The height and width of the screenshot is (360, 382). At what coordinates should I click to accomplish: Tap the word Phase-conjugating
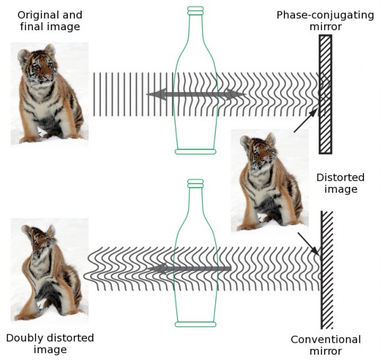click(x=325, y=15)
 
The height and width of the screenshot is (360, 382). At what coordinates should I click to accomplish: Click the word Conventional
click(x=326, y=340)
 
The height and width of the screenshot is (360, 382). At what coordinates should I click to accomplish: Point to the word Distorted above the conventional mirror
click(x=341, y=178)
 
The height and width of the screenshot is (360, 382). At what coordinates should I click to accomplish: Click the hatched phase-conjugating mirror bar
click(x=325, y=94)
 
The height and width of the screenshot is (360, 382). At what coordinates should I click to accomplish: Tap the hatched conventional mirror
click(x=327, y=270)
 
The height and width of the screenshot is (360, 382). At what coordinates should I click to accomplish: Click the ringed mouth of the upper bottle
click(x=196, y=11)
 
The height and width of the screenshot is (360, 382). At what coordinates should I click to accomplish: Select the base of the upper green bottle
click(x=196, y=151)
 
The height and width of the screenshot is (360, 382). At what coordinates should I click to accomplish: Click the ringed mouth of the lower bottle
click(x=196, y=184)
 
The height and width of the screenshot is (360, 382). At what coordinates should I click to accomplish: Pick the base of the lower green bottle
click(x=196, y=324)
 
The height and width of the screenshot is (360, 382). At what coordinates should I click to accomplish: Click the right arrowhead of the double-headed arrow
click(x=236, y=94)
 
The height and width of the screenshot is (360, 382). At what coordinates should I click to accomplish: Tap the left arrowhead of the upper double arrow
click(x=156, y=94)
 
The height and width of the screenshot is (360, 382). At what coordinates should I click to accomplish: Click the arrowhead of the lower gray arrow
click(x=157, y=269)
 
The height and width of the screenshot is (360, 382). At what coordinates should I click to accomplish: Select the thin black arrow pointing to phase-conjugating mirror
click(x=306, y=120)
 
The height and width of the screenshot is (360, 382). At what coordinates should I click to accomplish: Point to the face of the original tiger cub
click(x=42, y=68)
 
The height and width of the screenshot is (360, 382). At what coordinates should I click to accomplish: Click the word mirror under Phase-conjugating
click(x=325, y=27)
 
